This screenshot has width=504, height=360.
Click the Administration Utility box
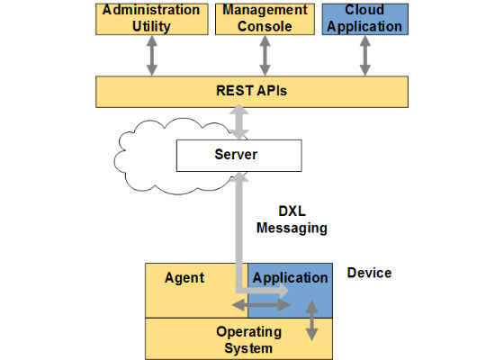pyautogui.click(x=152, y=19)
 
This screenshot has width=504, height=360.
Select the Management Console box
pyautogui.click(x=265, y=19)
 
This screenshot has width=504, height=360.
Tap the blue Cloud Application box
pyautogui.click(x=365, y=19)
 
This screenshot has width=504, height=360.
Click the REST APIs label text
pyautogui.click(x=252, y=91)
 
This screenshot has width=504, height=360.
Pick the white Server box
pyautogui.click(x=239, y=156)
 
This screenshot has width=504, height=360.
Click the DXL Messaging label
pyautogui.click(x=292, y=220)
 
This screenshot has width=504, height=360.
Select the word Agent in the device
pyautogui.click(x=184, y=278)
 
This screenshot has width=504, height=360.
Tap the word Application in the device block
pyautogui.click(x=290, y=278)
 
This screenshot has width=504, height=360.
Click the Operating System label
pyautogui.click(x=248, y=340)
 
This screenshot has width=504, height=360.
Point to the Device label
pyautogui.click(x=369, y=273)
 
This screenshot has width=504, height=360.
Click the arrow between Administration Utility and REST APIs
pyautogui.click(x=152, y=56)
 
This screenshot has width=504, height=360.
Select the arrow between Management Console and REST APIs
pyautogui.click(x=265, y=56)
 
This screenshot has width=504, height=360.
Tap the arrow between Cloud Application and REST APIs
pyautogui.click(x=365, y=56)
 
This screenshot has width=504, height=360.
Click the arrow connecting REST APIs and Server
pyautogui.click(x=239, y=122)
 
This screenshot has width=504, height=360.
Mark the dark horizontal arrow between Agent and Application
pyautogui.click(x=261, y=305)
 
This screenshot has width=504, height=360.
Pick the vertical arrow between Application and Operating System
pyautogui.click(x=311, y=320)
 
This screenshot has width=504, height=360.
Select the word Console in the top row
pyautogui.click(x=265, y=27)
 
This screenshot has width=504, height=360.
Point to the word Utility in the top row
pyautogui.click(x=151, y=27)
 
